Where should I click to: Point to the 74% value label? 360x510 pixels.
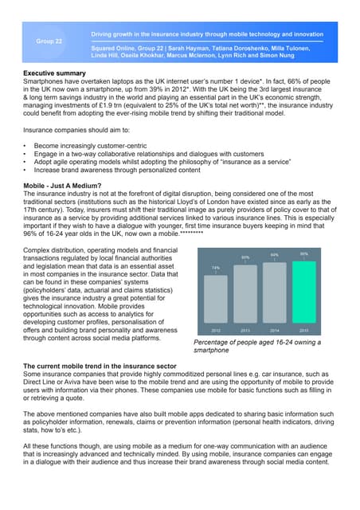click(x=216, y=268)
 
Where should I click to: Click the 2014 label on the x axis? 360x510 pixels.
click(x=275, y=328)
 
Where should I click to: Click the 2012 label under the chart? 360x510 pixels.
click(x=216, y=328)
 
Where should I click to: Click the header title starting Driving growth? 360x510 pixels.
click(x=207, y=35)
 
